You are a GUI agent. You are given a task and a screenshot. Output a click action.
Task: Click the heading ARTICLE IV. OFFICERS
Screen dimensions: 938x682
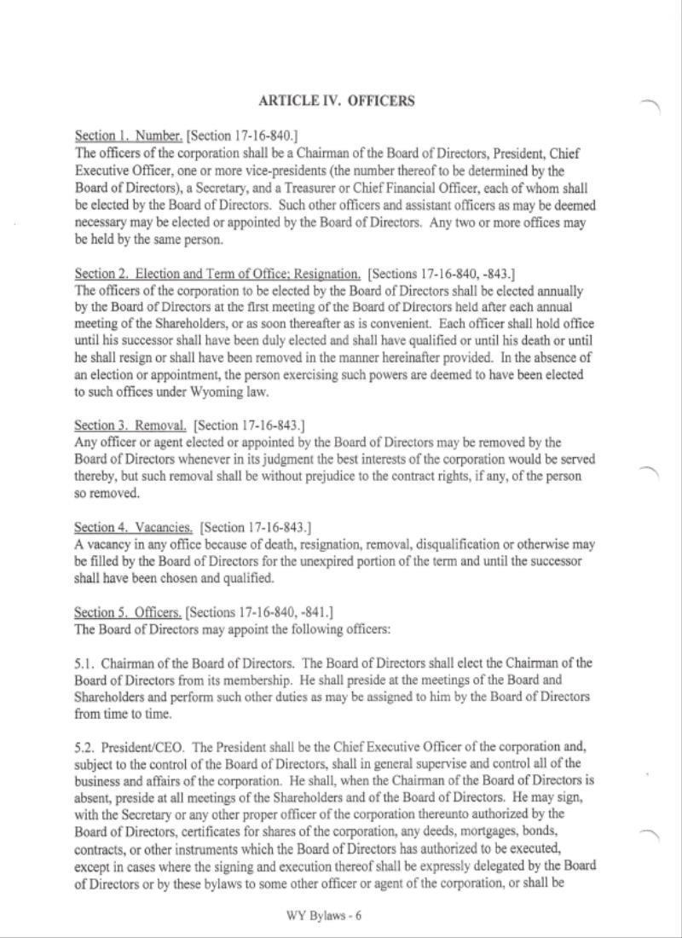coord(336,101)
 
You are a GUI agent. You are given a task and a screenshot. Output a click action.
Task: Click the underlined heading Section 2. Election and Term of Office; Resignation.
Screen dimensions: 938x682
coord(218,274)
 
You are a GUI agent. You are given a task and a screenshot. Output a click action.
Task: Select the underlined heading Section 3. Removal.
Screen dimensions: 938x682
coord(131,426)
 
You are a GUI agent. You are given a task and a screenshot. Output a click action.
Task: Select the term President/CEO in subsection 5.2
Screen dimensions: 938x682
coord(131,747)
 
